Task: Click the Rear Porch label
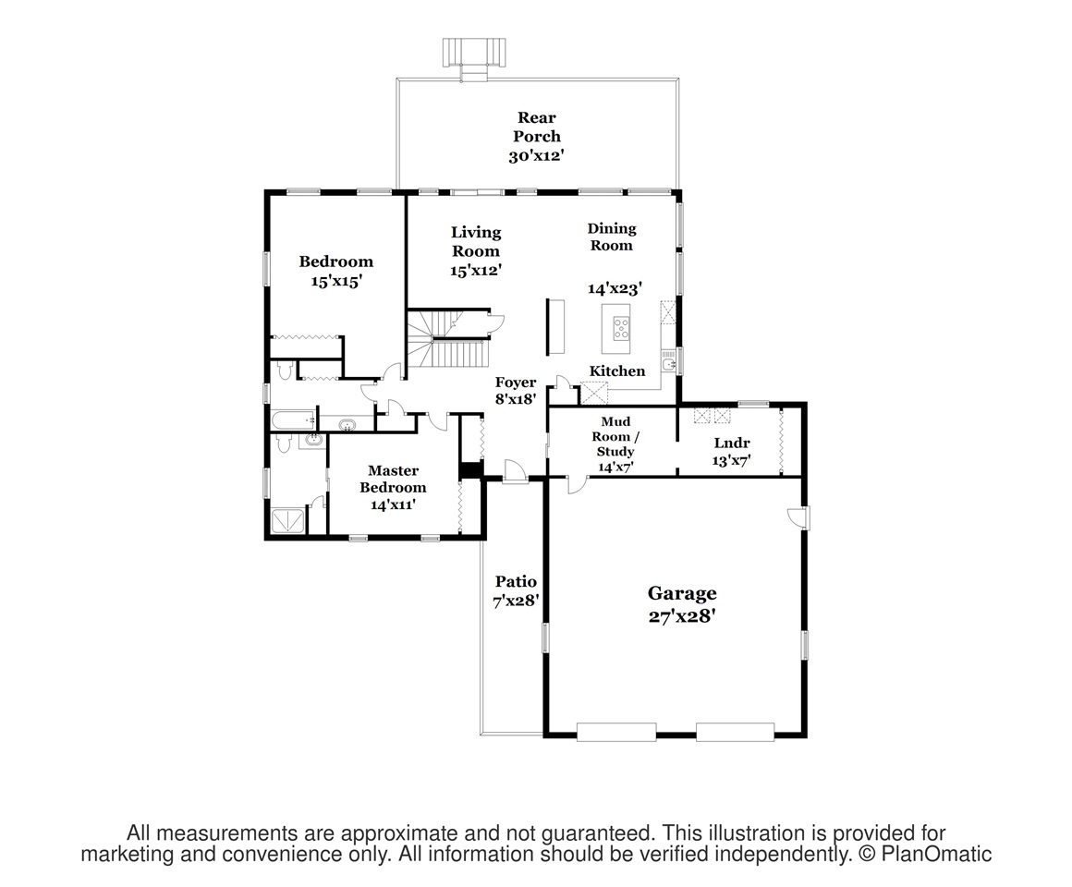537,128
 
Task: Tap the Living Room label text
476,241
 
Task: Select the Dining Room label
612,237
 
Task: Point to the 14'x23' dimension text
615,288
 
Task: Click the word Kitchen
617,371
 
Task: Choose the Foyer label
516,382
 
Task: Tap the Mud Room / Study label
615,436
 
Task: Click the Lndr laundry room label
732,443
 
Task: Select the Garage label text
682,593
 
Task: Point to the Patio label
517,581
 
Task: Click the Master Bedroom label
393,479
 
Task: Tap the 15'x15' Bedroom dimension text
335,281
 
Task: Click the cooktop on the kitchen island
621,329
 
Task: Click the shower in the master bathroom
288,521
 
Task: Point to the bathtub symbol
294,419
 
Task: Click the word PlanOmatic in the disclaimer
936,854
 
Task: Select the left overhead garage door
616,732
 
